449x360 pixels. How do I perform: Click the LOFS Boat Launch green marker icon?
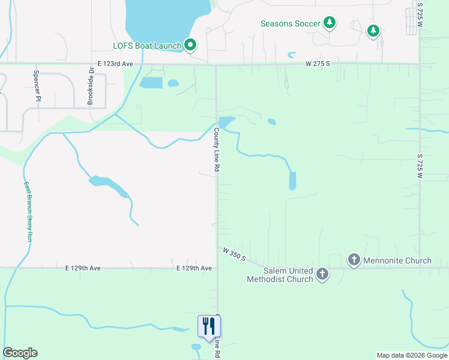click(x=190, y=44)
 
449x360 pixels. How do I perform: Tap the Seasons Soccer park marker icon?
click(x=329, y=23)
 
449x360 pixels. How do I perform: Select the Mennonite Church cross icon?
click(x=354, y=260)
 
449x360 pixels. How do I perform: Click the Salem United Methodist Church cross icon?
click(x=322, y=274)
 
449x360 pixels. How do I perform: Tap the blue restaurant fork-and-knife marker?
click(x=209, y=326)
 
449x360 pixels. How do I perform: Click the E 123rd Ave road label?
click(x=115, y=63)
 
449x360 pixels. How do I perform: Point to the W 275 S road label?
click(x=318, y=63)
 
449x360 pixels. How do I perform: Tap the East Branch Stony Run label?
click(x=28, y=211)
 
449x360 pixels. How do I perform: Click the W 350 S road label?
click(x=234, y=254)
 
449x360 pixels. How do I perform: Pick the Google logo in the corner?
click(x=20, y=353)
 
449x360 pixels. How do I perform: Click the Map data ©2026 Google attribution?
click(x=411, y=355)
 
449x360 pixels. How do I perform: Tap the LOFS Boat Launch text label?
click(x=147, y=45)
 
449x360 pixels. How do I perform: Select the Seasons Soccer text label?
click(x=291, y=24)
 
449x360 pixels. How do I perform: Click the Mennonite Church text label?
click(x=397, y=260)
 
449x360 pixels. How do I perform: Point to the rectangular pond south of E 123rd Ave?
click(x=151, y=83)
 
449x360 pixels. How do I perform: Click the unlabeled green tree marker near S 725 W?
click(x=373, y=30)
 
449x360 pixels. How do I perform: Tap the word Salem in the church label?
click(x=261, y=271)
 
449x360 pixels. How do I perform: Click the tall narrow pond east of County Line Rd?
click(x=292, y=181)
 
